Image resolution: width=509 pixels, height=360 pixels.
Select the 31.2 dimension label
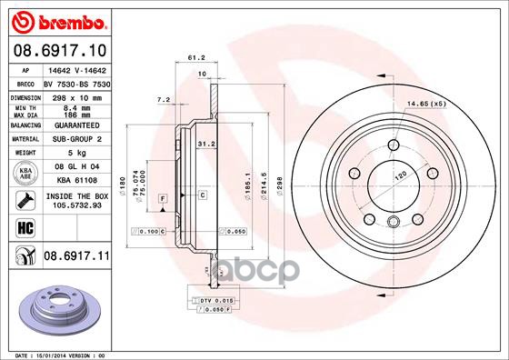click(x=205, y=143)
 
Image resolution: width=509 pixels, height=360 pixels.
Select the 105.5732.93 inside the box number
click(x=72, y=205)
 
